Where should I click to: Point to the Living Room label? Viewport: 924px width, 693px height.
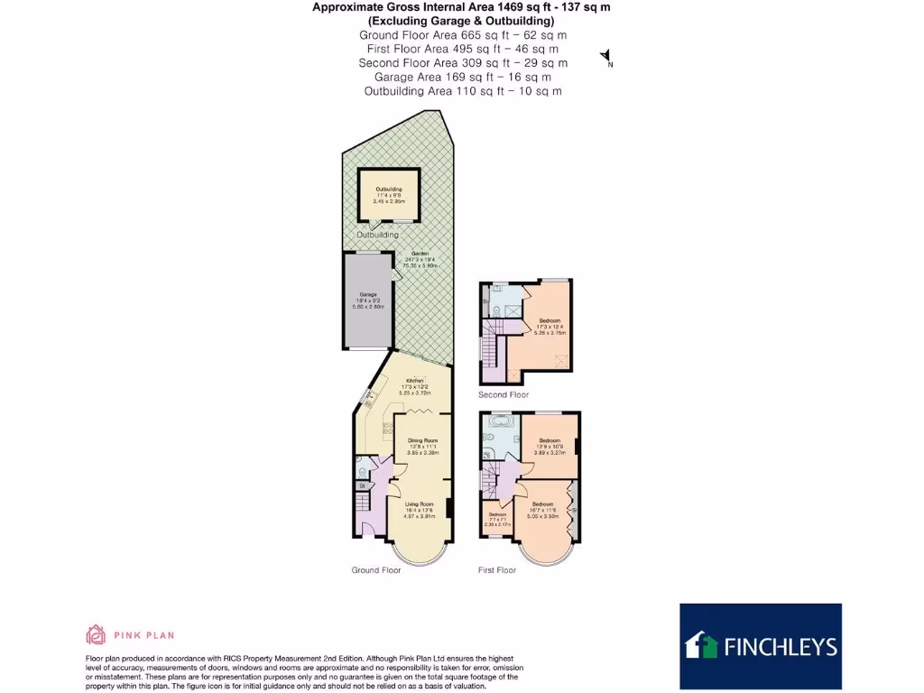click(x=419, y=508)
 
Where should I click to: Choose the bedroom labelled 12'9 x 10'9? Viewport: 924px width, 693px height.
click(x=550, y=445)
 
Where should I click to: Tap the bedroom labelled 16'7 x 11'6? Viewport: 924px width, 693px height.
click(x=542, y=507)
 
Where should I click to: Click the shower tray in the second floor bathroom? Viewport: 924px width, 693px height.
click(x=512, y=312)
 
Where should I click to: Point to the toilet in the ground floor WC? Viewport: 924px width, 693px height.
click(x=361, y=469)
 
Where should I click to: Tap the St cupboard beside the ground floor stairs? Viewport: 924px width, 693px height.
click(x=362, y=486)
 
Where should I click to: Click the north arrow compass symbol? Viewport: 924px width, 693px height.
click(x=606, y=58)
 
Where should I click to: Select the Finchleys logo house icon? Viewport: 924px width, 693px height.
click(x=702, y=645)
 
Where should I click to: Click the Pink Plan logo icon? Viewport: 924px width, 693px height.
click(x=96, y=634)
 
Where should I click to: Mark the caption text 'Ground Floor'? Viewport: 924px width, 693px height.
click(x=375, y=570)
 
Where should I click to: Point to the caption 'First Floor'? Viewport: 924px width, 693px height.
click(x=497, y=570)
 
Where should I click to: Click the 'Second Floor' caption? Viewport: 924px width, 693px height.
click(x=504, y=394)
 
